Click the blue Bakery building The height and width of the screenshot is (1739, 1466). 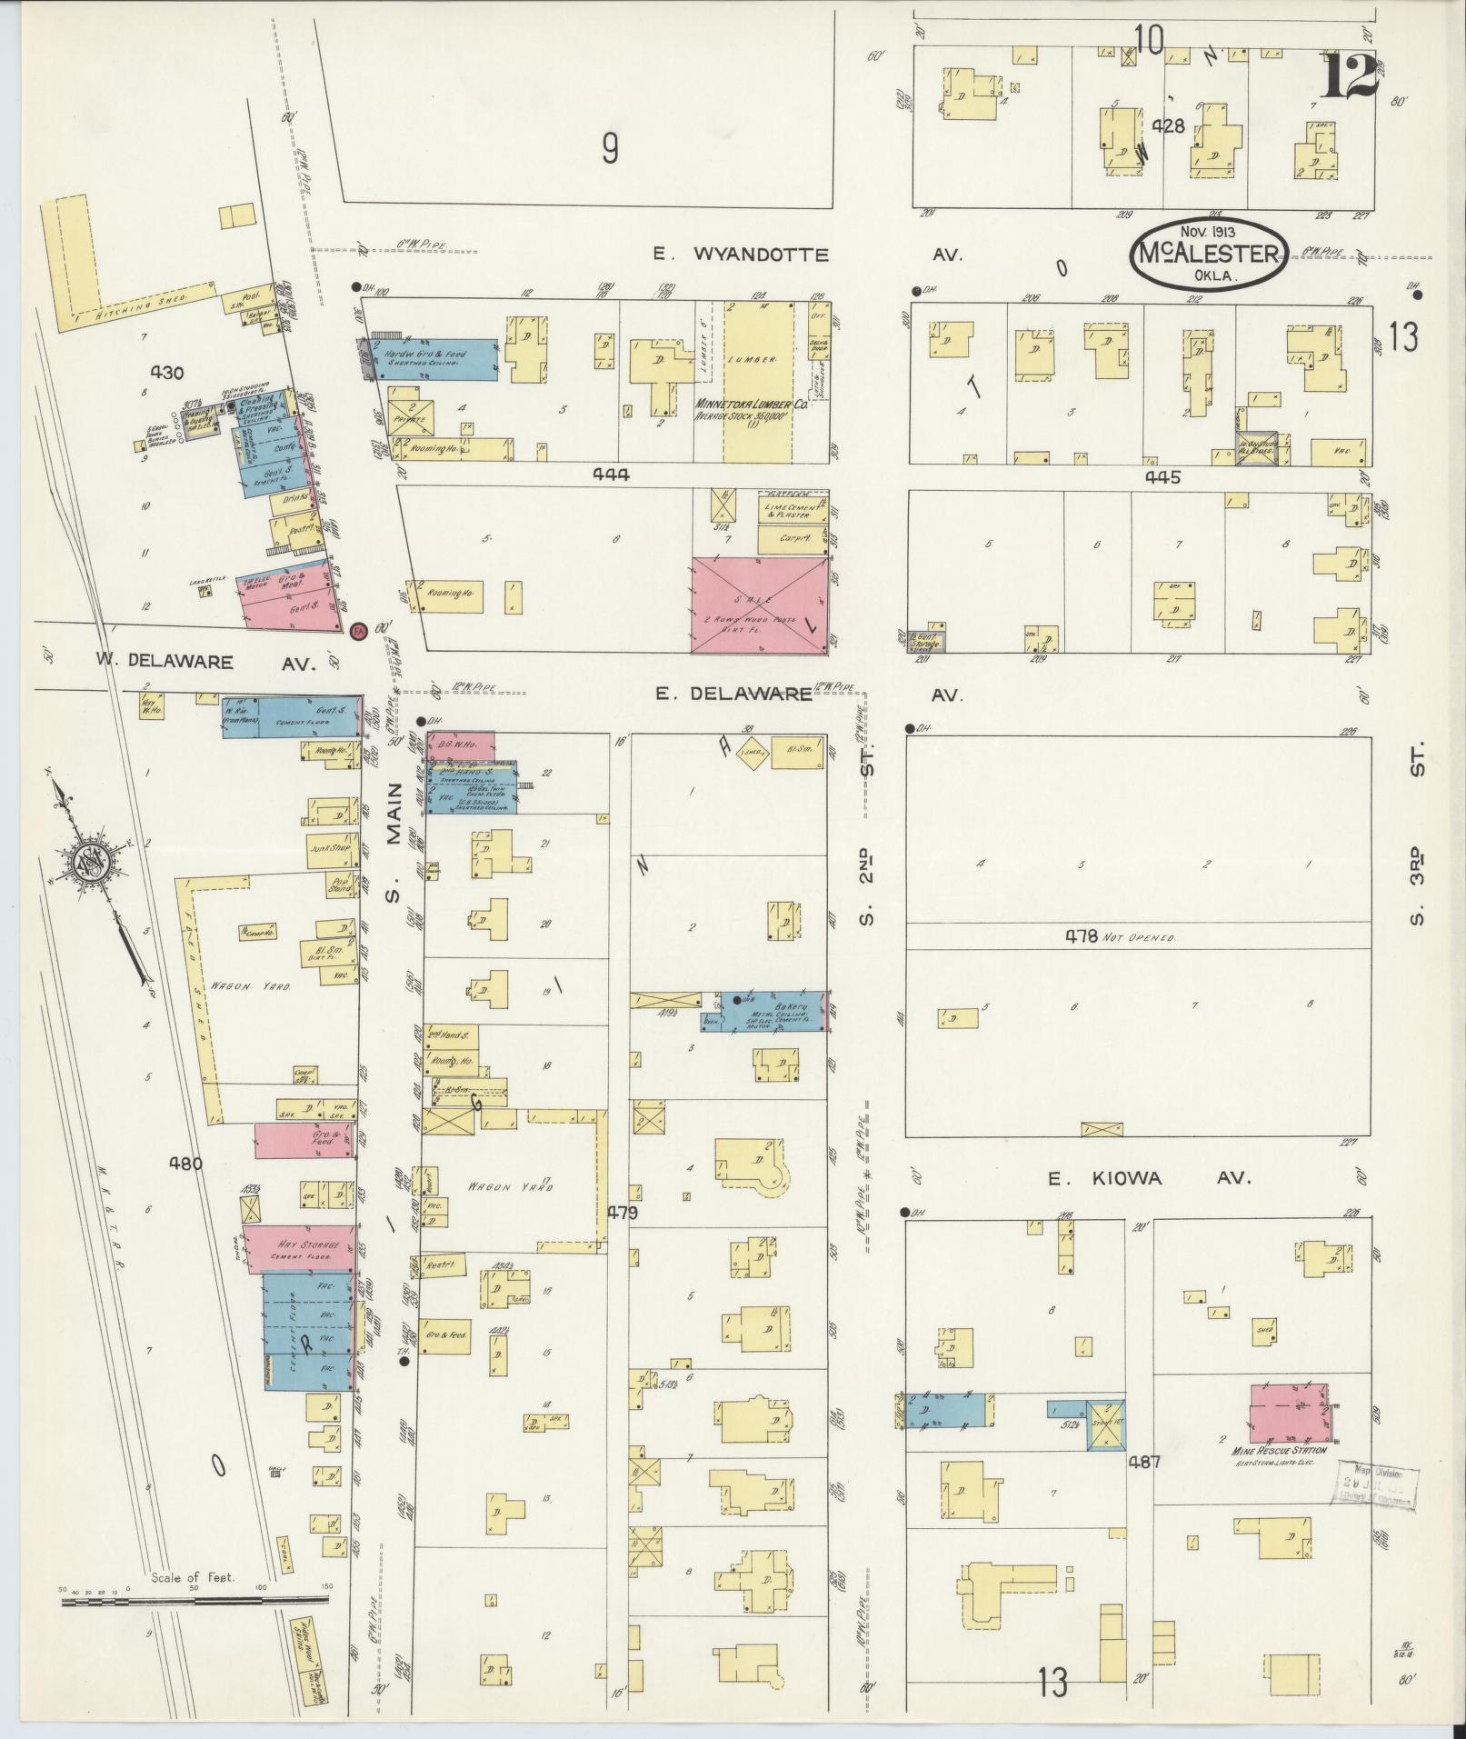click(773, 1011)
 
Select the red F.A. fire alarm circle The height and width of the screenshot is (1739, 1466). click(357, 630)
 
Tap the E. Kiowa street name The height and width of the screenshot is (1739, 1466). click(1150, 1178)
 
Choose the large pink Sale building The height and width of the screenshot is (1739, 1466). click(761, 605)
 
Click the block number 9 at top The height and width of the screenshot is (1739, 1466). click(610, 149)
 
